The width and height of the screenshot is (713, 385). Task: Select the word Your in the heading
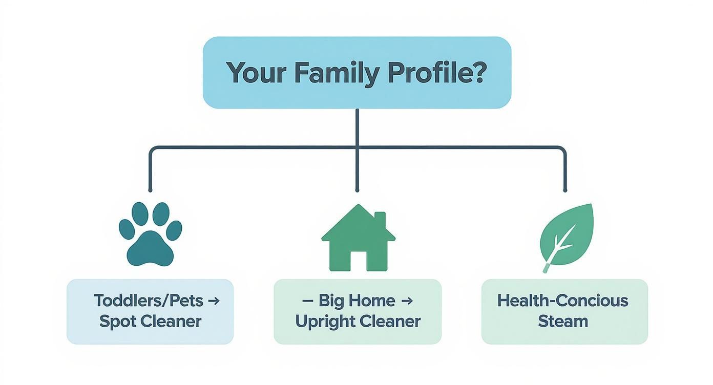[x=256, y=73]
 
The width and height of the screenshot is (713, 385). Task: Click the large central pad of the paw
[x=150, y=248]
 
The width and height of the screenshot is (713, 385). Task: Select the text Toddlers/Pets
[x=149, y=301]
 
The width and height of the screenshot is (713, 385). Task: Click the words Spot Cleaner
[x=150, y=322]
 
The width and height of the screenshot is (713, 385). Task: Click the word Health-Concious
[x=562, y=301]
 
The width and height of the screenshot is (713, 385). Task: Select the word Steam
[x=562, y=322]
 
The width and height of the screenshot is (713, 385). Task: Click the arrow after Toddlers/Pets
[x=214, y=301]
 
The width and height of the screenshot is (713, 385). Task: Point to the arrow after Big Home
[x=406, y=301]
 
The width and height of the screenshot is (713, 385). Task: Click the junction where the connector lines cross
[x=357, y=147]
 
